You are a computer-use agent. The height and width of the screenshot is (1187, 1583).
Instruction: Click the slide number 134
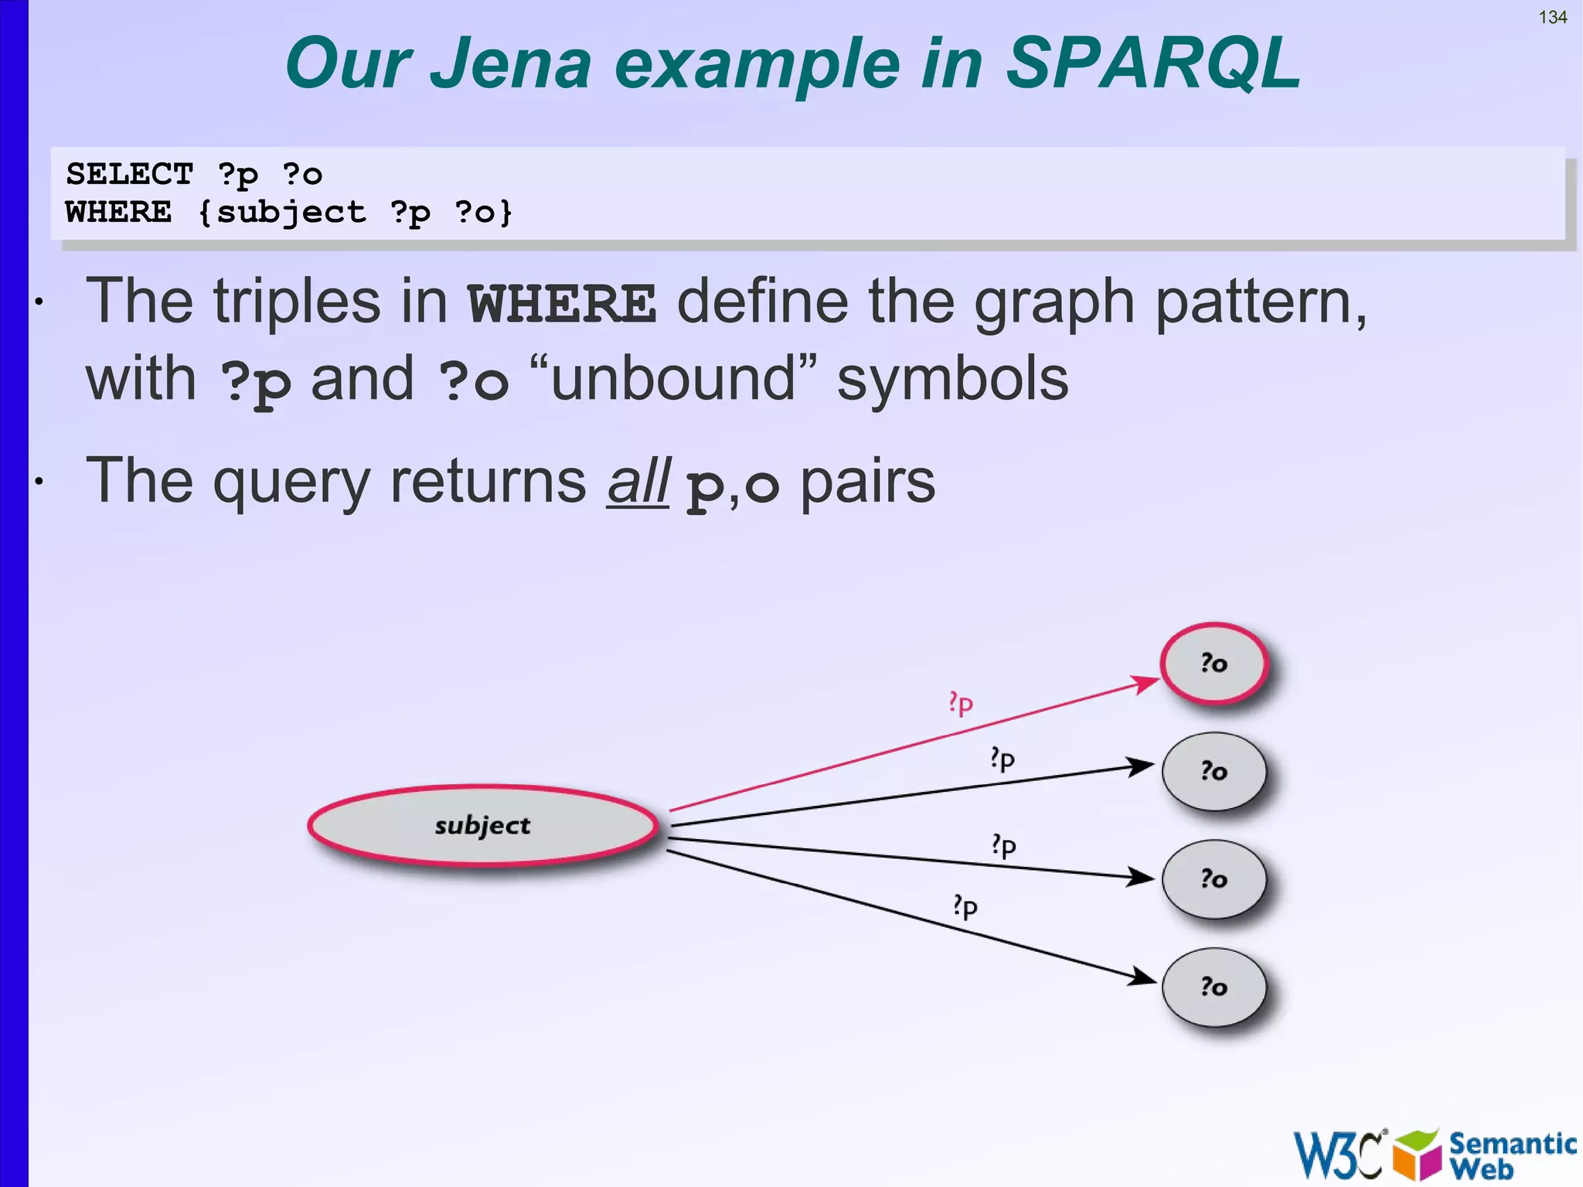tap(1552, 18)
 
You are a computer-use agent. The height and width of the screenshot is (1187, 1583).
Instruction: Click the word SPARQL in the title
tap(1153, 63)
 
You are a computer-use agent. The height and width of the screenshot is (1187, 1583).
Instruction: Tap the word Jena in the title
tap(510, 63)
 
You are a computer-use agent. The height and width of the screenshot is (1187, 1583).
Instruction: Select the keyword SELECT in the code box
tap(129, 174)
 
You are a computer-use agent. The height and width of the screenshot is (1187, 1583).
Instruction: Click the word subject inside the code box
tap(291, 212)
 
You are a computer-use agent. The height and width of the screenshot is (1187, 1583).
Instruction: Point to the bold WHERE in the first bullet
tap(562, 303)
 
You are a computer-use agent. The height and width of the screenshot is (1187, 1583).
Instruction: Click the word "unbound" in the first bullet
tap(672, 379)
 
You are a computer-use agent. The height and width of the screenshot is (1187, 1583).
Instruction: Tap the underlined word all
tap(638, 482)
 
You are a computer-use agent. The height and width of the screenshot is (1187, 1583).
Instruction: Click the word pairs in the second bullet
tap(867, 482)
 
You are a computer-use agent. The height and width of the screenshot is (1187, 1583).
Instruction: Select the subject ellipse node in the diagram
tap(483, 825)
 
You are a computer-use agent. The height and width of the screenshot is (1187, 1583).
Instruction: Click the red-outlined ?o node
tap(1214, 663)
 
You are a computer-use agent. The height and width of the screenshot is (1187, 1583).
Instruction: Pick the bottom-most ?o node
tap(1214, 987)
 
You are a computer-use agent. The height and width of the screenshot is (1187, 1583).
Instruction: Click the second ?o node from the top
tap(1214, 771)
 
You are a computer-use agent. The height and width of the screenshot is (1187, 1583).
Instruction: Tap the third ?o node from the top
tap(1214, 878)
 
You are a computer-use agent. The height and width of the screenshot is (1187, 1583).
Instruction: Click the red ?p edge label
tap(961, 703)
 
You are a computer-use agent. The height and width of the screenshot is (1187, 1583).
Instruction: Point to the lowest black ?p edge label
tap(965, 906)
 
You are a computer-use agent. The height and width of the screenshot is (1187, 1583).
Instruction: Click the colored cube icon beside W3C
tap(1418, 1155)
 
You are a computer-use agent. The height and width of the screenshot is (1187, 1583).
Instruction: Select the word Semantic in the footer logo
tap(1512, 1144)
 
